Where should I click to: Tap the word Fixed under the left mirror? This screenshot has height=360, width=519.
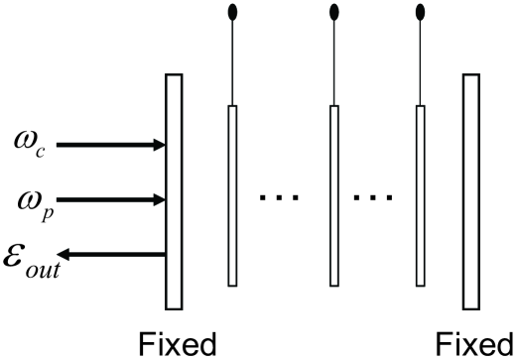click(176, 345)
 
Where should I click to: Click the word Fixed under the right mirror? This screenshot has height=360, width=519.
click(473, 345)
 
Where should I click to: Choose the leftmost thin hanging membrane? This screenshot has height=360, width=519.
click(234, 194)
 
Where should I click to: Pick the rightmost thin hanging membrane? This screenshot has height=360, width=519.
click(420, 194)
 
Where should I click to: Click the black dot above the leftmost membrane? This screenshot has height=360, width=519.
click(234, 13)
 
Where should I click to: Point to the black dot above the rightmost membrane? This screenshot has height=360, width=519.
click(420, 13)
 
